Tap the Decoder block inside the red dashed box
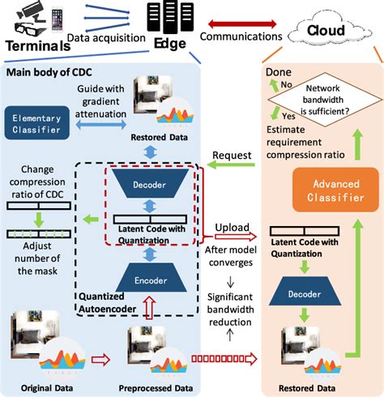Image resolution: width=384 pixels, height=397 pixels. pos(153,185)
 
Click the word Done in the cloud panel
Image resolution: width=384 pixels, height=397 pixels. pos(280,73)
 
